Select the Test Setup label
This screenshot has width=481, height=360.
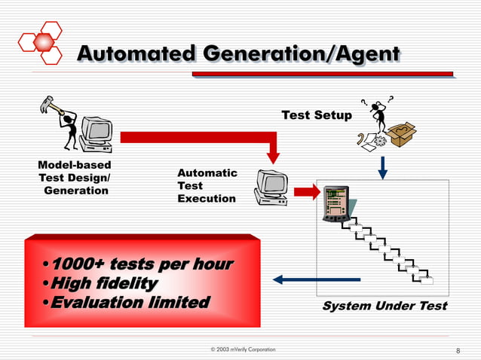pyautogui.click(x=317, y=115)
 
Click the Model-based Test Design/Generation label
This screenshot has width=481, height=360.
pyautogui.click(x=75, y=178)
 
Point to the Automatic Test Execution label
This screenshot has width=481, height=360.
pyautogui.click(x=207, y=185)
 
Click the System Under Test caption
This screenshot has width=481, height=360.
pyautogui.click(x=384, y=306)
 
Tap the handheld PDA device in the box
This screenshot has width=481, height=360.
pyautogui.click(x=335, y=203)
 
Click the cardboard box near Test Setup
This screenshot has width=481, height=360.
pyautogui.click(x=402, y=134)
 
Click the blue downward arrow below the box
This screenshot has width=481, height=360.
pyautogui.click(x=382, y=166)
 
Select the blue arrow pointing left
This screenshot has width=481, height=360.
pyautogui.click(x=316, y=279)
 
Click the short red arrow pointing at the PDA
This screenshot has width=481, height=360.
pyautogui.click(x=307, y=192)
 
